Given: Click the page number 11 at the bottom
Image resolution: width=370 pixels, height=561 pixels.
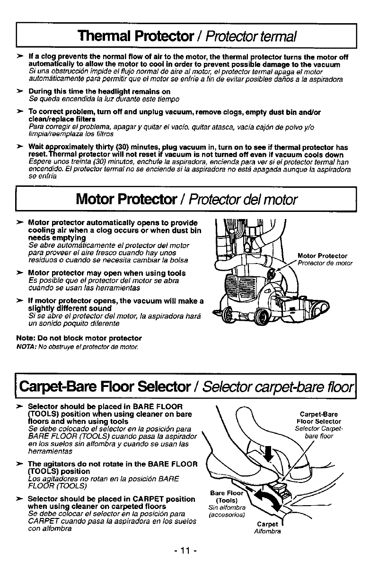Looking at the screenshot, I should point(185,550).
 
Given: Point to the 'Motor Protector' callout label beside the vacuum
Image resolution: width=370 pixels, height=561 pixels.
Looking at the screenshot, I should point(322,256).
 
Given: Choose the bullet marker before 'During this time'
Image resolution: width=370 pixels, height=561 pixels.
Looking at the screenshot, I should point(20,91).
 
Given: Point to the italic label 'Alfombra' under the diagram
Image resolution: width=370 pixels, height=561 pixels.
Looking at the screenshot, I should point(268,531).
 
